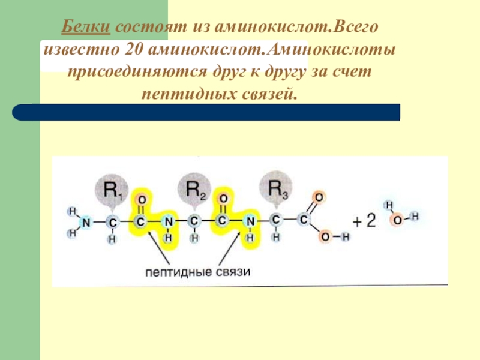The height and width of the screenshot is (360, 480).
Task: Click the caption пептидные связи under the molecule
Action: (x=197, y=271)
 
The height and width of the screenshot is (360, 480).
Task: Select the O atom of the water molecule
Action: (x=397, y=220)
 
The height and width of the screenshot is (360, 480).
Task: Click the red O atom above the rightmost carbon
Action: (x=319, y=197)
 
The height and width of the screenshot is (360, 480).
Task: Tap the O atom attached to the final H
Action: (x=325, y=238)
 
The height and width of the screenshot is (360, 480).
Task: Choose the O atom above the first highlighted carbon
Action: (x=141, y=199)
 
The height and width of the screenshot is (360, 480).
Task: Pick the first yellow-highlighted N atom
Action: (x=169, y=222)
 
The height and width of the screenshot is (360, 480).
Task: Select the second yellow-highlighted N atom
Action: (x=250, y=222)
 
